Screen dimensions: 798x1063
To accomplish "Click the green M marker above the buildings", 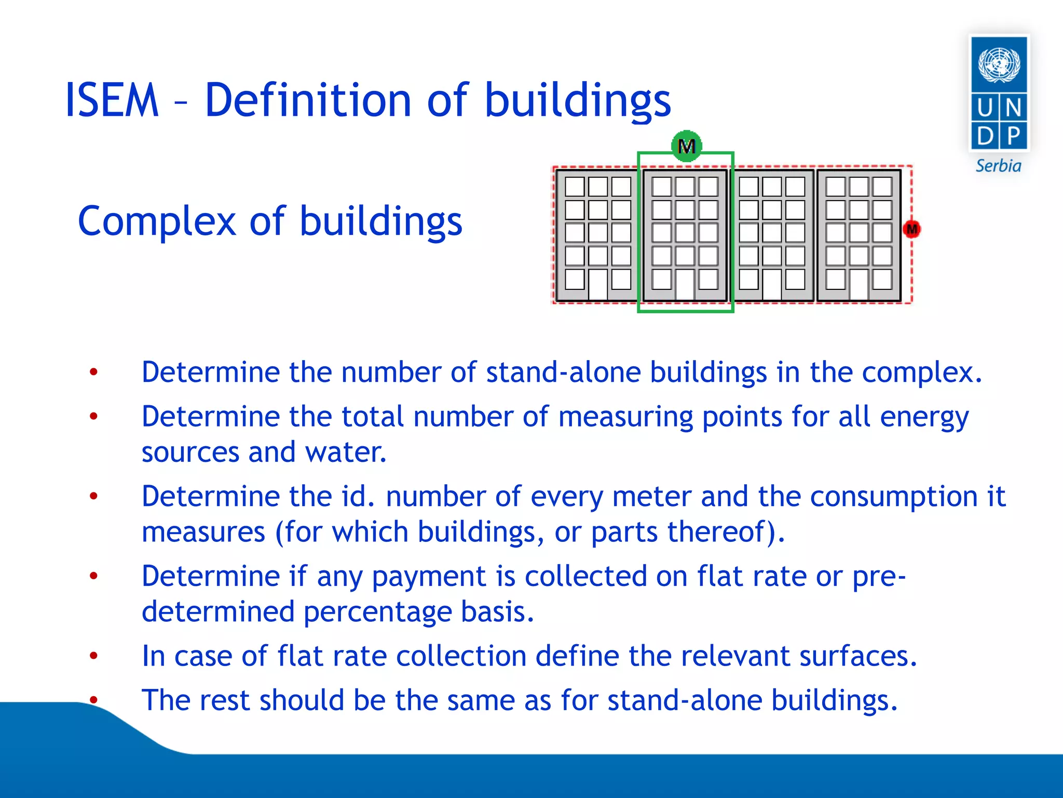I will coord(686,146).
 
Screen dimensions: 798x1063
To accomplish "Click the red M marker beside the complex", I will coord(911,229).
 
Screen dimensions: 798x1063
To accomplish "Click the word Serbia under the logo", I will coord(998,166).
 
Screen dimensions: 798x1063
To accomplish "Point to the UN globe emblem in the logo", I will coord(999,64).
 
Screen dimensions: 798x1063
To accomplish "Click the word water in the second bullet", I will coord(345,452).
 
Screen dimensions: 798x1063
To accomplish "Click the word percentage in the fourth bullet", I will coord(377,611).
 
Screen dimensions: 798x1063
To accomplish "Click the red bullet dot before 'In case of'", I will coord(93,656).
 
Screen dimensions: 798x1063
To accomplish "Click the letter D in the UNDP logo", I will coord(985,136).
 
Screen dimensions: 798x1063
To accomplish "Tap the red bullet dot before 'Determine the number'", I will coord(93,372).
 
